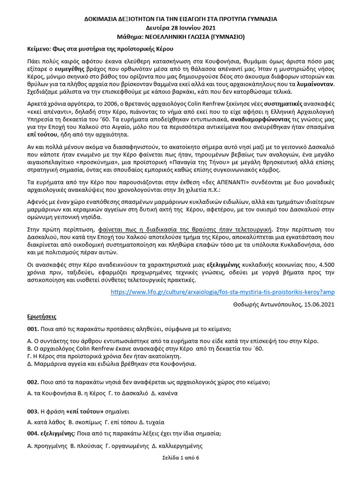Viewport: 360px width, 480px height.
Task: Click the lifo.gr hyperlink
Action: click(x=223, y=292)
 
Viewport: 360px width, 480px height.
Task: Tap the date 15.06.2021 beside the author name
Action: click(x=318, y=304)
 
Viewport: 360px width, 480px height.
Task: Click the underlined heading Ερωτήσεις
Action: click(x=40, y=316)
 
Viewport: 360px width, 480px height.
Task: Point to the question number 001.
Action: click(x=32, y=329)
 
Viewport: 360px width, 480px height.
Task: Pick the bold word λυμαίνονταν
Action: click(x=314, y=84)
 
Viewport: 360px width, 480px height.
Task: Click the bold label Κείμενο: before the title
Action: click(x=39, y=49)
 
